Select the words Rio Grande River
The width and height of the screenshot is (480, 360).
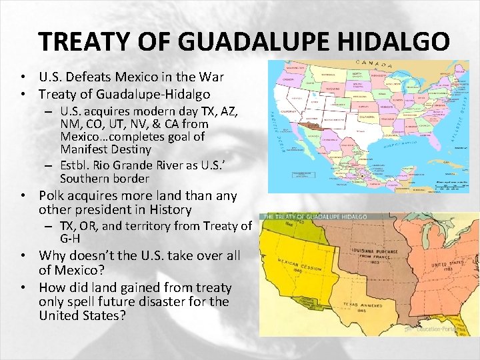click(x=132, y=165)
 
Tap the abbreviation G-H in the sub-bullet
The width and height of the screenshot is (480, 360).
click(x=71, y=238)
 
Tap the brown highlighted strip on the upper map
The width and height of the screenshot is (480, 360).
click(x=312, y=125)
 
